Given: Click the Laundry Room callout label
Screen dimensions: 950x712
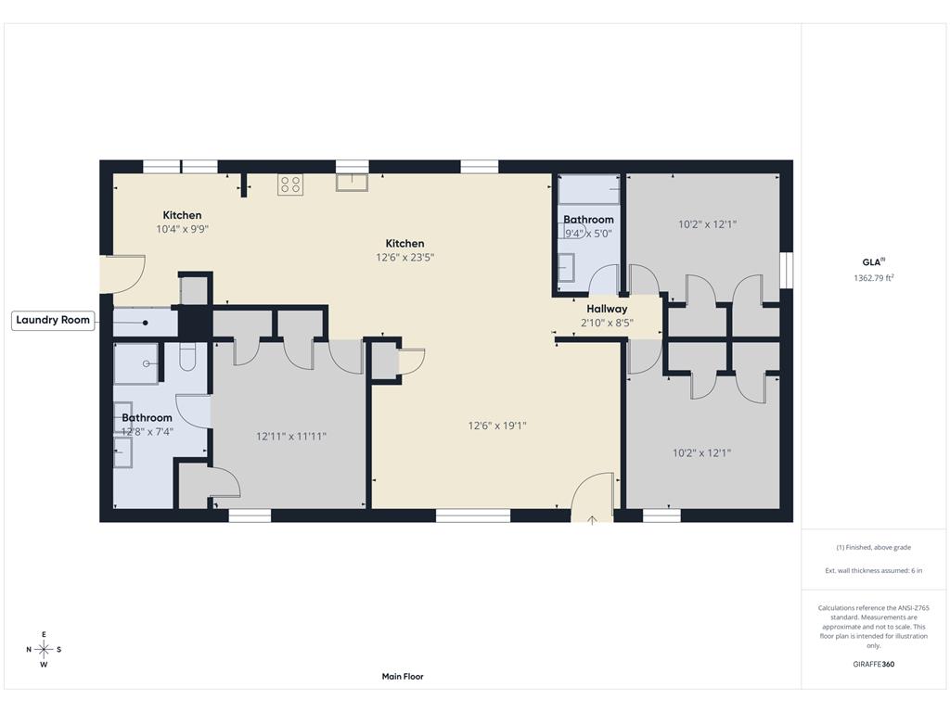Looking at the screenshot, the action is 53,320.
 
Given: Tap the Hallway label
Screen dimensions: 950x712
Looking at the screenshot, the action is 607,309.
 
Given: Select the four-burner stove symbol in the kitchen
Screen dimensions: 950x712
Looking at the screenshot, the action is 290,184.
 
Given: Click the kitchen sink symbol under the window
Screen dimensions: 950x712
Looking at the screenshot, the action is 352,183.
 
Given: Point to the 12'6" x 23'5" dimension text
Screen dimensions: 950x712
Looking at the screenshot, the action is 404,258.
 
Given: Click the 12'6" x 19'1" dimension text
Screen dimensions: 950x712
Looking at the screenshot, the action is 497,426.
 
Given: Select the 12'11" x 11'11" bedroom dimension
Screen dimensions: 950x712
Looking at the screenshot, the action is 290,436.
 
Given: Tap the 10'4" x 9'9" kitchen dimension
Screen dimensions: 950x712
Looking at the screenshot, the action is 182,229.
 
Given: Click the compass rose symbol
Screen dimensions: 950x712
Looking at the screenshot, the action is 44,650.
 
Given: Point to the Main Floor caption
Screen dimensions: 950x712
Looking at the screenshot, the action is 403,676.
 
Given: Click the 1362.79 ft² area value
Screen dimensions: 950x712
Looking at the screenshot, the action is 873,278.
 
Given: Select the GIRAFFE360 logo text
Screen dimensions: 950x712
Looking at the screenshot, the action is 873,664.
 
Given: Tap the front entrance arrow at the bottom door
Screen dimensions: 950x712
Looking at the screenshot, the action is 592,519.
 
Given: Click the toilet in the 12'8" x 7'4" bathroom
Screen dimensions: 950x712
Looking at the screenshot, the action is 187,357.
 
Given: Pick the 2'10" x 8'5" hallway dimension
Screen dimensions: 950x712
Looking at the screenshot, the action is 607,323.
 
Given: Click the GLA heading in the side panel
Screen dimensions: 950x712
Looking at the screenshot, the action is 873,262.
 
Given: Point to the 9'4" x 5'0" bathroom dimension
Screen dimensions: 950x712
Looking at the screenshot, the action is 588,234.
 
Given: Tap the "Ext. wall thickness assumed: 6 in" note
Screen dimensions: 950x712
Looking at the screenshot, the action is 873,570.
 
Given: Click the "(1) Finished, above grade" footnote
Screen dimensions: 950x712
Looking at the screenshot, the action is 873,547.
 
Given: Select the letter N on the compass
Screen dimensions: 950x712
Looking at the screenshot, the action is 29,650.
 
